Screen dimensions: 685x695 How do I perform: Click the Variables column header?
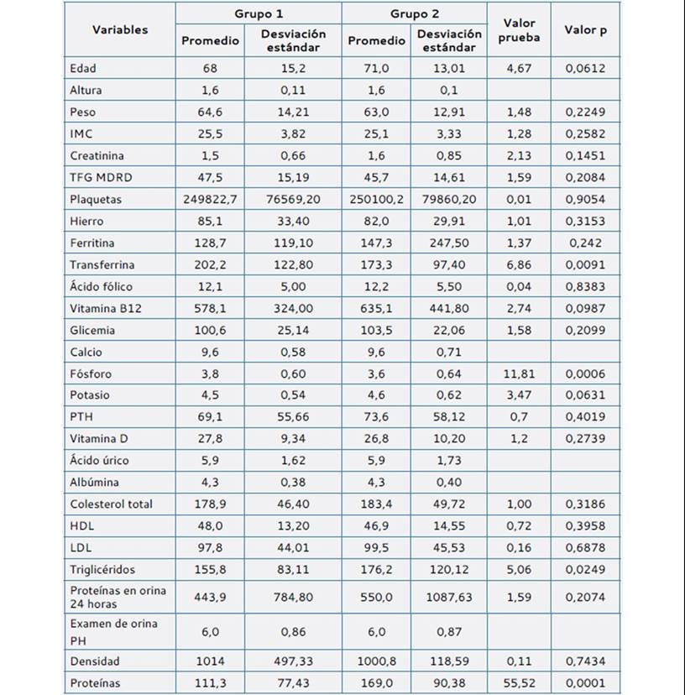pyautogui.click(x=120, y=29)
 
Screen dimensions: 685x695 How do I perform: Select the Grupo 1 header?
pyautogui.click(x=259, y=13)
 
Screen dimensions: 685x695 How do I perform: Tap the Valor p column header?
pyautogui.click(x=585, y=30)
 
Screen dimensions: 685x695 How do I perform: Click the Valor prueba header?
pyautogui.click(x=519, y=30)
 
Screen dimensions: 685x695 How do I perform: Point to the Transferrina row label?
pyautogui.click(x=102, y=264)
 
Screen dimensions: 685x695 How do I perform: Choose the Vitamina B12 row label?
pyautogui.click(x=106, y=308)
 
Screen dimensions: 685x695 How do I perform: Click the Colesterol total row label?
pyautogui.click(x=112, y=504)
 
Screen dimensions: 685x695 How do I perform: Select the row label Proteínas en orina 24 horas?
pyautogui.click(x=118, y=597)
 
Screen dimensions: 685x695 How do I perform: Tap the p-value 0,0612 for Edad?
pyautogui.click(x=585, y=68)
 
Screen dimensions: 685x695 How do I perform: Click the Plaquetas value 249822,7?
pyautogui.click(x=210, y=199)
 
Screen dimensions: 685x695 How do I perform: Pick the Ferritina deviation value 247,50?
pyautogui.click(x=448, y=243)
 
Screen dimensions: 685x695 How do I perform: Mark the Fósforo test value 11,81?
pyautogui.click(x=519, y=374)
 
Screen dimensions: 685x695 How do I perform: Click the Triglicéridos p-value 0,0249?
pyautogui.click(x=585, y=569)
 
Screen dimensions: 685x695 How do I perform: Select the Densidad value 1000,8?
pyautogui.click(x=376, y=661)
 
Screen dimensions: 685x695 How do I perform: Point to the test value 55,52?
pyautogui.click(x=519, y=682)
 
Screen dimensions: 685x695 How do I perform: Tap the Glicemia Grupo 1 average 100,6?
pyautogui.click(x=210, y=330)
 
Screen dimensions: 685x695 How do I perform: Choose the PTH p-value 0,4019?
pyautogui.click(x=585, y=416)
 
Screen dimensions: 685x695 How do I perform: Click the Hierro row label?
pyautogui.click(x=86, y=222)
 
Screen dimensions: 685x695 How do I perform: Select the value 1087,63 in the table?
pyautogui.click(x=448, y=597)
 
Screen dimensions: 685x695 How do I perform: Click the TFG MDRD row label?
pyautogui.click(x=101, y=177)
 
